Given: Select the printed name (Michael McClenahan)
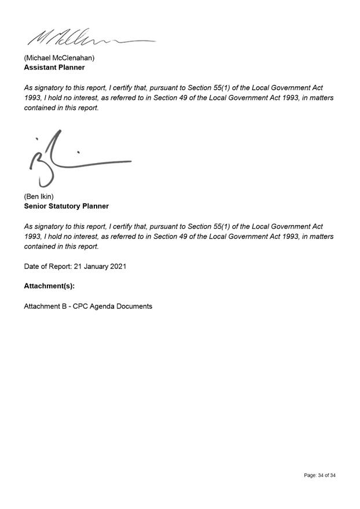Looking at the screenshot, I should [x=59, y=58].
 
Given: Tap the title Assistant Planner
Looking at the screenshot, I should [x=54, y=67].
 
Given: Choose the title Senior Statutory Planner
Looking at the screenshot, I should [x=66, y=206].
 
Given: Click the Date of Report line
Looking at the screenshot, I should [x=75, y=267].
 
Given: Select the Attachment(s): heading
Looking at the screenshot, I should [x=49, y=286].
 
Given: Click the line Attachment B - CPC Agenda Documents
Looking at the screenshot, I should [x=88, y=306].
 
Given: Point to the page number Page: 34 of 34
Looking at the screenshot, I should [x=319, y=475].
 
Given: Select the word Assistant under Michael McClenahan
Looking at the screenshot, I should [x=40, y=67].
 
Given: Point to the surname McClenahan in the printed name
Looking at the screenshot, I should [x=74, y=58].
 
